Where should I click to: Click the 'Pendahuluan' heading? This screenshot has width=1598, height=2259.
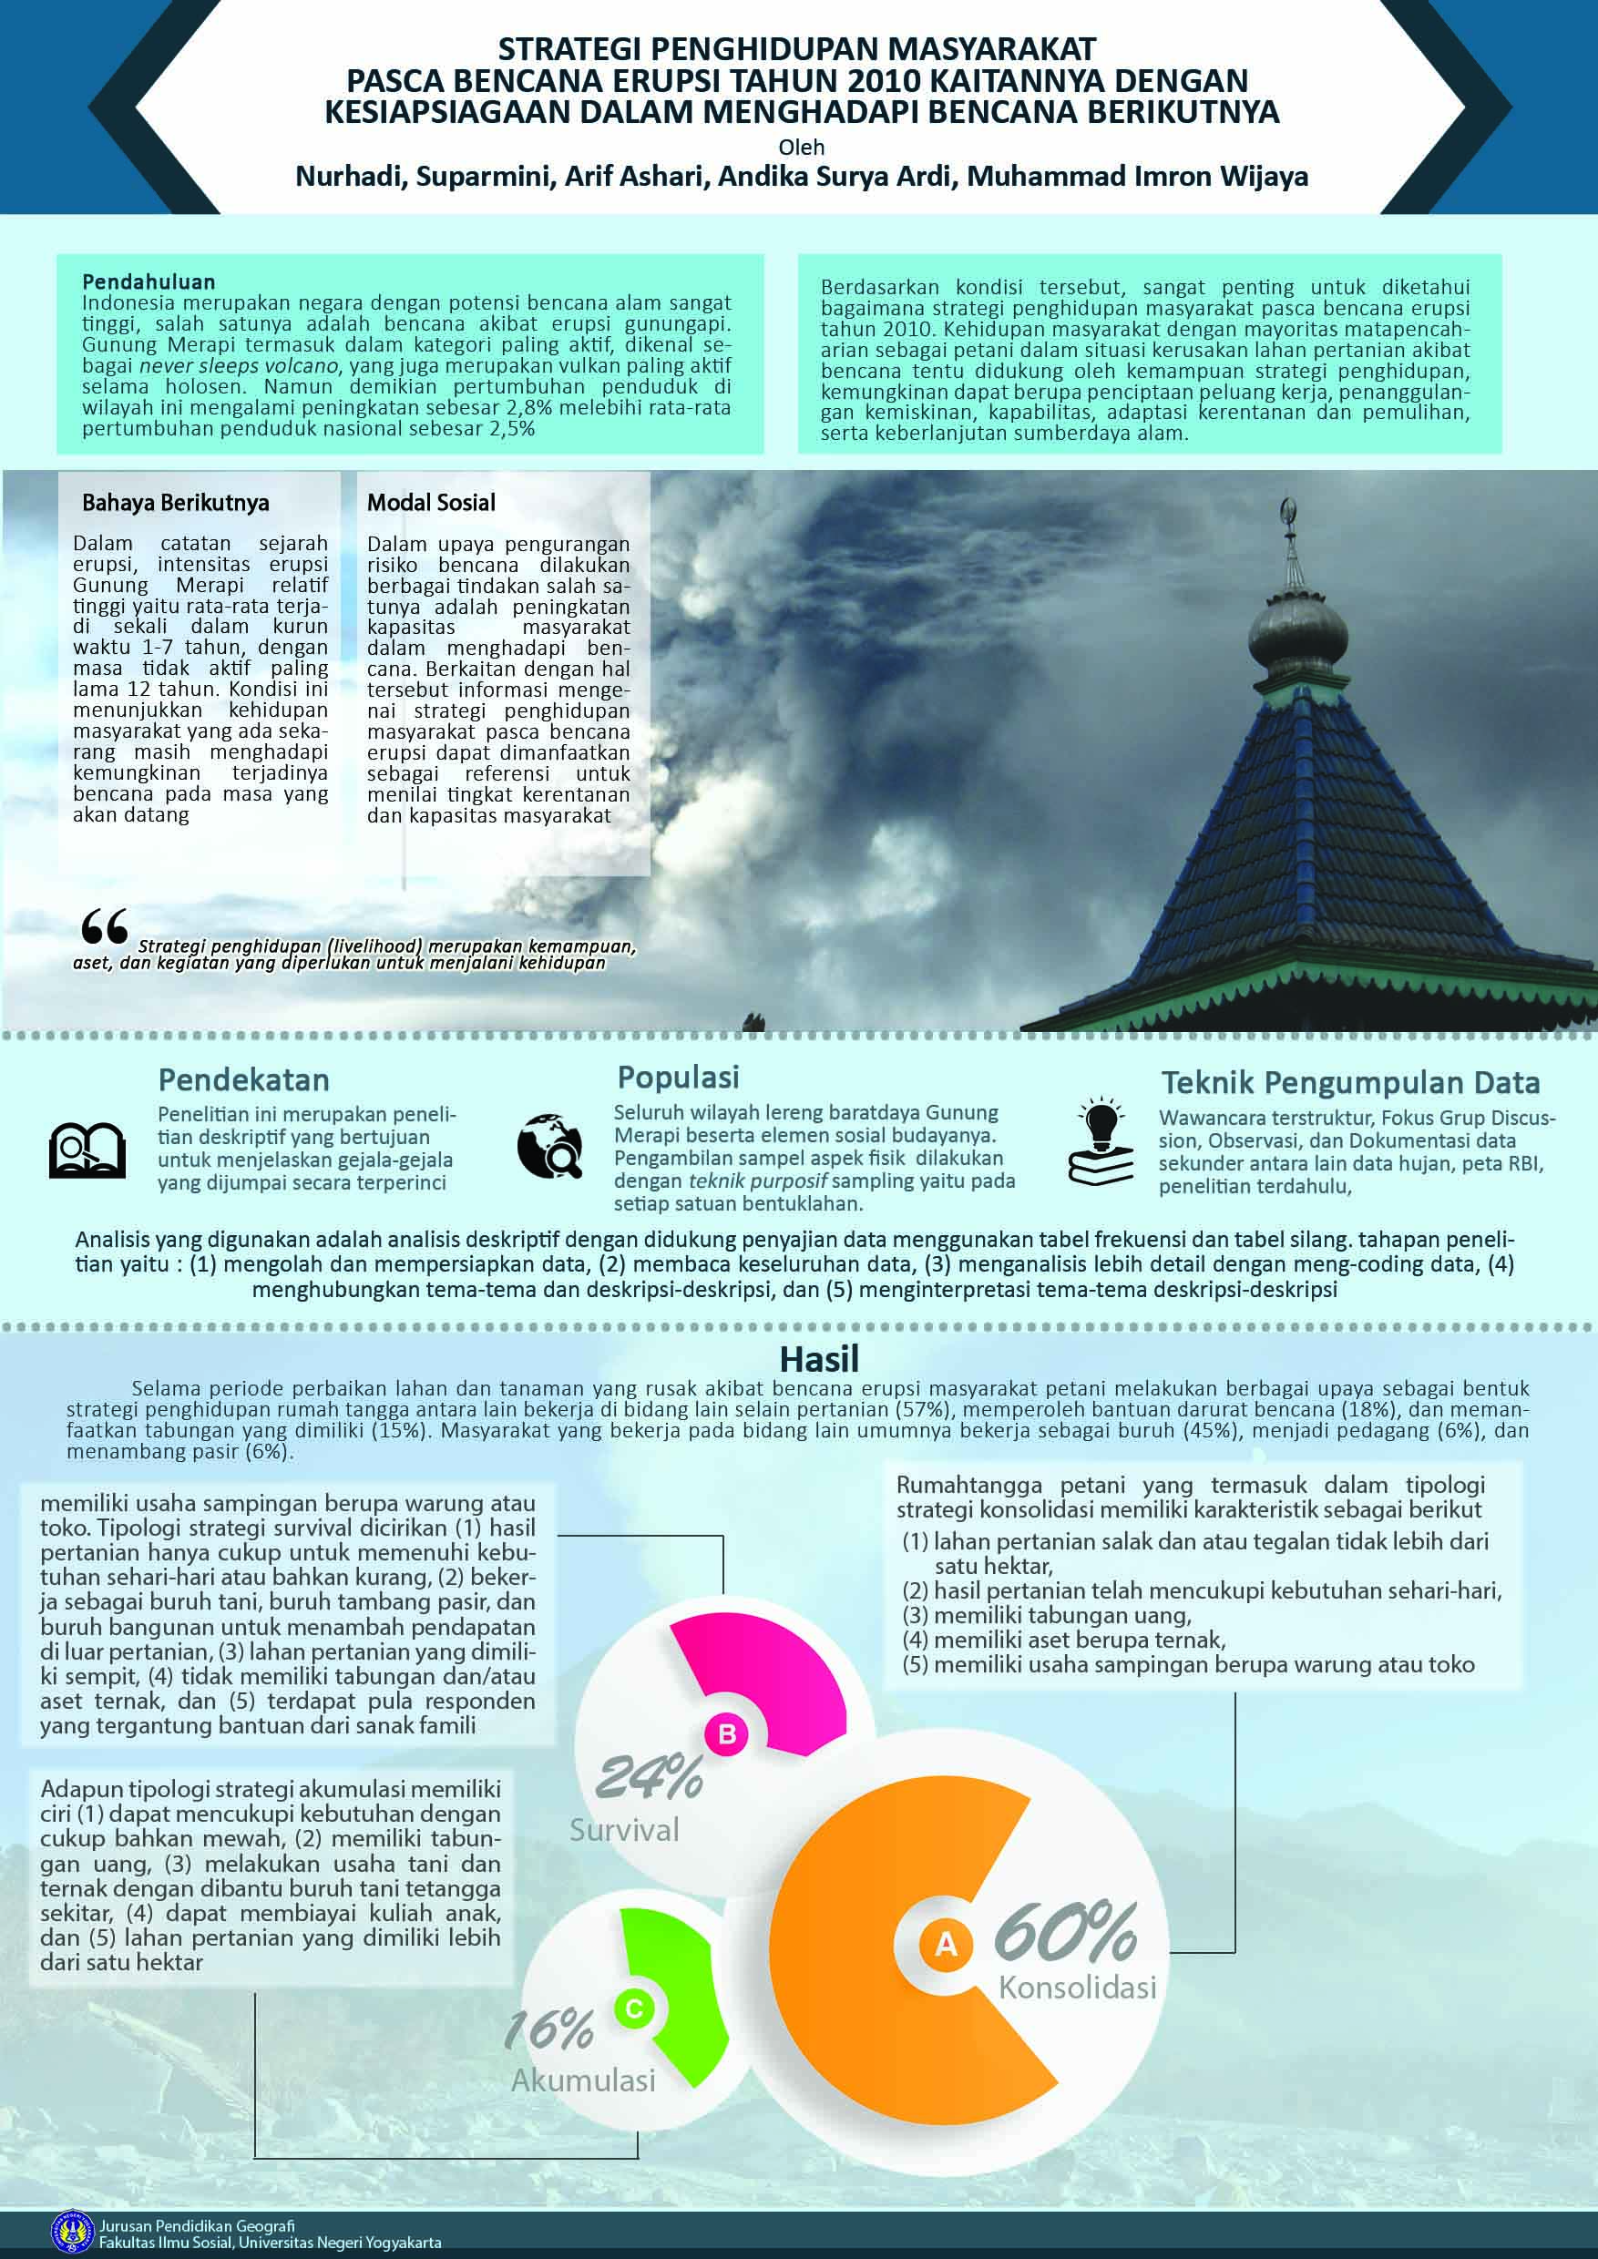coord(149,282)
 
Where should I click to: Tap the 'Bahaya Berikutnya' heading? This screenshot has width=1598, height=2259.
coord(175,503)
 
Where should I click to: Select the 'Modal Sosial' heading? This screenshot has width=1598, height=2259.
coord(431,503)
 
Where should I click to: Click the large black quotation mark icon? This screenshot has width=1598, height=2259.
coord(104,925)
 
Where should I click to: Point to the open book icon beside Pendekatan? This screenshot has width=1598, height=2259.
coord(87,1150)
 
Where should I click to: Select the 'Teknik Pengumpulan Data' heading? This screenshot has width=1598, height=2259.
coord(1350,1083)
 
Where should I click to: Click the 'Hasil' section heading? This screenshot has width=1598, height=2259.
coord(819,1360)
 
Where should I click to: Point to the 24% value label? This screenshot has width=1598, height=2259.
coord(649,1778)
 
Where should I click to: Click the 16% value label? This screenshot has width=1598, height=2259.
coord(549,2029)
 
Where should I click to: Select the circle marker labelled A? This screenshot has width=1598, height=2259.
coord(946,1944)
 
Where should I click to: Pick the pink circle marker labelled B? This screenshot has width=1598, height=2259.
coord(727,1734)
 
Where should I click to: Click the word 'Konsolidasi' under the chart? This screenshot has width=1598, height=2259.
coord(1078,1988)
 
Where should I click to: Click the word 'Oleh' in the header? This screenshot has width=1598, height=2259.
coord(801,148)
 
